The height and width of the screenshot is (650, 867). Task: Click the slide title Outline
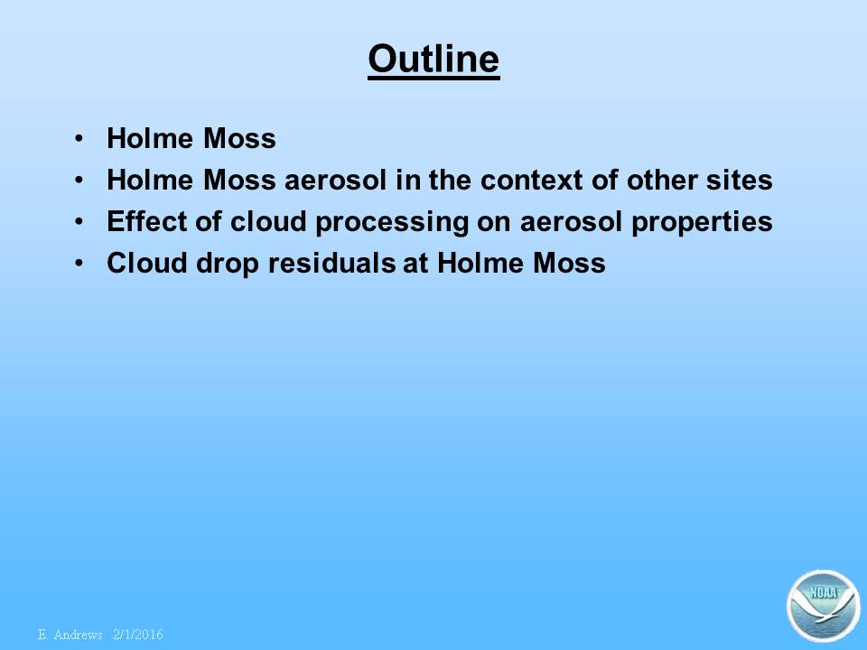coord(433,60)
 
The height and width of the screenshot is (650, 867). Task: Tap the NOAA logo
coord(824,606)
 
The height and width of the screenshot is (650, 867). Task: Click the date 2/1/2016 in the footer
coord(137,634)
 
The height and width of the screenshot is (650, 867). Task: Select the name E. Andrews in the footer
coord(70,634)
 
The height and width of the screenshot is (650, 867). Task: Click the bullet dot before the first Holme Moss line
coord(79,138)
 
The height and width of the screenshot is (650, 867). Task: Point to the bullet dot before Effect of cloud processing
coord(79,221)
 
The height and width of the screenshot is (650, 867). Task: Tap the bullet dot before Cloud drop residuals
coord(79,263)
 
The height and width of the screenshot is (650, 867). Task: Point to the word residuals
coord(331,263)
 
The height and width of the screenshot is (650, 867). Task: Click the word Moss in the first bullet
coord(239,138)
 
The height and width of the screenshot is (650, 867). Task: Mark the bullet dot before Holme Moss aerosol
coord(79,180)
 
